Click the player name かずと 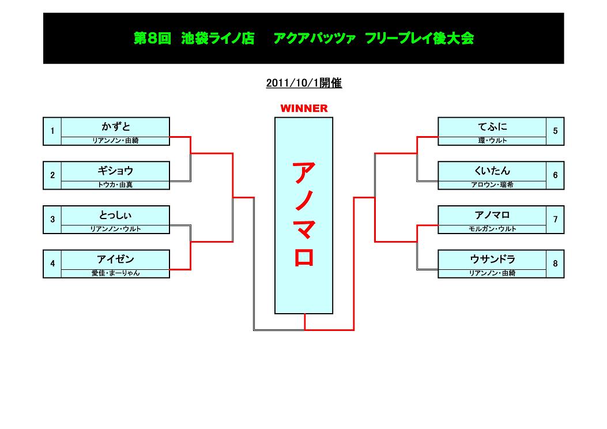pyautogui.click(x=115, y=126)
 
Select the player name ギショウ pyautogui.click(x=115, y=171)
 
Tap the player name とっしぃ pyautogui.click(x=115, y=215)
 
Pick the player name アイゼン pyautogui.click(x=115, y=259)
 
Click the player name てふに pyautogui.click(x=492, y=126)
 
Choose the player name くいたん pyautogui.click(x=492, y=171)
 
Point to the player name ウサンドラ pyautogui.click(x=492, y=259)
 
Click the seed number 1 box pyautogui.click(x=52, y=131)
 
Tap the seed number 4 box pyautogui.click(x=52, y=264)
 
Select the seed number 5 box pyautogui.click(x=555, y=131)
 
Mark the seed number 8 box pyautogui.click(x=555, y=264)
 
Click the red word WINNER pyautogui.click(x=304, y=108)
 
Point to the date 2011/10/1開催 pyautogui.click(x=304, y=83)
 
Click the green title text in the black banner pyautogui.click(x=304, y=39)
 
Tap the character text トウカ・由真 pyautogui.click(x=115, y=185)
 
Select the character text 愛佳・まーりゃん pyautogui.click(x=115, y=273)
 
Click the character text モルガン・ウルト pyautogui.click(x=492, y=229)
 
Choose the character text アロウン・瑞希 pyautogui.click(x=492, y=185)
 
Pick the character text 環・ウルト pyautogui.click(x=492, y=141)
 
